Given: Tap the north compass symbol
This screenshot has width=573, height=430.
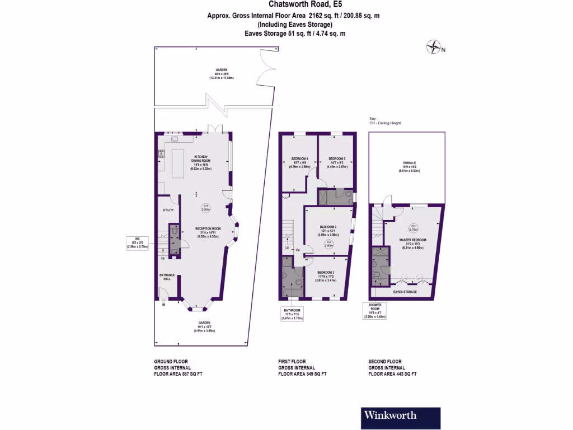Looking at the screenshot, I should click(434, 47).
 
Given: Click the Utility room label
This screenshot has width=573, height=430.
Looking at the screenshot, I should click(168, 210).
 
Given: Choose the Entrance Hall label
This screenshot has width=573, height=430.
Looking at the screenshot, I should click(167, 277).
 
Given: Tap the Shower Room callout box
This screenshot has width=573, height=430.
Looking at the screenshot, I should click(375, 310).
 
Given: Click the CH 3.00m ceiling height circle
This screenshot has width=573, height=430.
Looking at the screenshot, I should click(206, 207).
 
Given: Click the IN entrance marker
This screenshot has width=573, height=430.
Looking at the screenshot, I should click(163, 305).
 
